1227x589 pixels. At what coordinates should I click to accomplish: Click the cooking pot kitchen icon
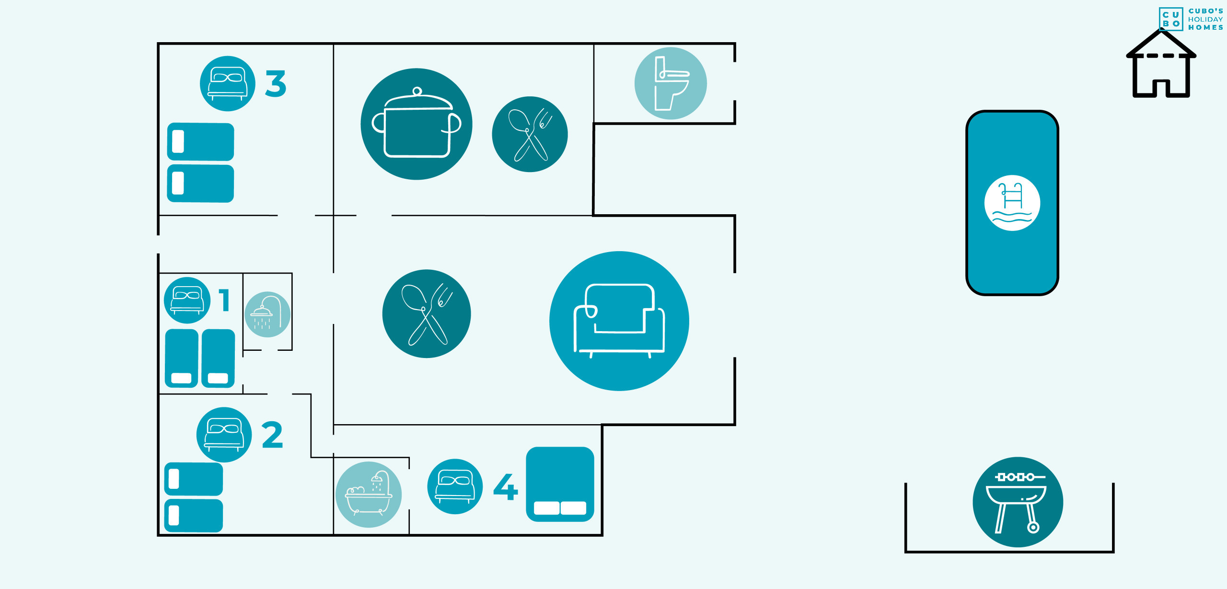click(x=416, y=124)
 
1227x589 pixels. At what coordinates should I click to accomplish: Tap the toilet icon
click(x=670, y=83)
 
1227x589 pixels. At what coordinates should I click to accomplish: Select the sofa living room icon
click(x=619, y=321)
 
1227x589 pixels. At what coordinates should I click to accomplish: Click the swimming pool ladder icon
click(x=1012, y=203)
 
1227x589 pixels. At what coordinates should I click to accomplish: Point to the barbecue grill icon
click(x=1018, y=502)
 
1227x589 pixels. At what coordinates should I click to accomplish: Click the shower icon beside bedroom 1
click(x=267, y=314)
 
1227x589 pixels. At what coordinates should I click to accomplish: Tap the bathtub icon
click(x=369, y=494)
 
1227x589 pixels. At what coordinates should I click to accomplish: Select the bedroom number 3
click(x=276, y=84)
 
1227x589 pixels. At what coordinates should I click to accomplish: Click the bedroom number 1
click(x=224, y=300)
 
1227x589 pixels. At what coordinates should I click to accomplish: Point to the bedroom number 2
click(x=272, y=435)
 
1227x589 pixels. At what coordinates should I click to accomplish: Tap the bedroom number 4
click(x=506, y=486)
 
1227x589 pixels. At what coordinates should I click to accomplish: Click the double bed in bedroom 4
click(x=560, y=484)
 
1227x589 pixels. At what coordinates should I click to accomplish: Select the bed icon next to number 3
click(x=228, y=84)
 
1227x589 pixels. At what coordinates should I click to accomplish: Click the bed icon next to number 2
click(x=224, y=435)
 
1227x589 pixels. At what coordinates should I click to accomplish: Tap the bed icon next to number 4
click(x=455, y=486)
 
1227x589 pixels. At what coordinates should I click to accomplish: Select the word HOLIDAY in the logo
click(x=1205, y=20)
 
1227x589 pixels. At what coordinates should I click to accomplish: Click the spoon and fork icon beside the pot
click(x=530, y=134)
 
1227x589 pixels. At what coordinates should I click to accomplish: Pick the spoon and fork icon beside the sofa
click(x=426, y=313)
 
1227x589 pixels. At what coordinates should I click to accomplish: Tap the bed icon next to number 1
click(x=187, y=300)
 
